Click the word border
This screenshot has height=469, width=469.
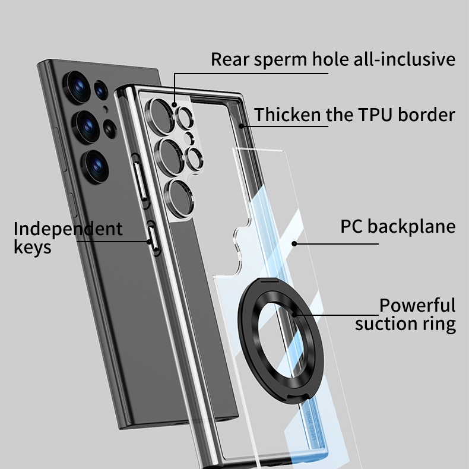[x=426, y=115]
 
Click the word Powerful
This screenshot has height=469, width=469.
[x=417, y=306]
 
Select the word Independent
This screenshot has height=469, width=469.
[x=68, y=229]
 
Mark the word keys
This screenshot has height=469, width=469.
[x=32, y=248]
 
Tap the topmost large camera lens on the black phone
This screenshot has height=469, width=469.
[x=77, y=85]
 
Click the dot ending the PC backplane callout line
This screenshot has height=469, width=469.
[x=294, y=243]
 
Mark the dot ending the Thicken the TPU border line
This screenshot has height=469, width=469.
[x=242, y=125]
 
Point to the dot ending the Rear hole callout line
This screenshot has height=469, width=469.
[x=175, y=104]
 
